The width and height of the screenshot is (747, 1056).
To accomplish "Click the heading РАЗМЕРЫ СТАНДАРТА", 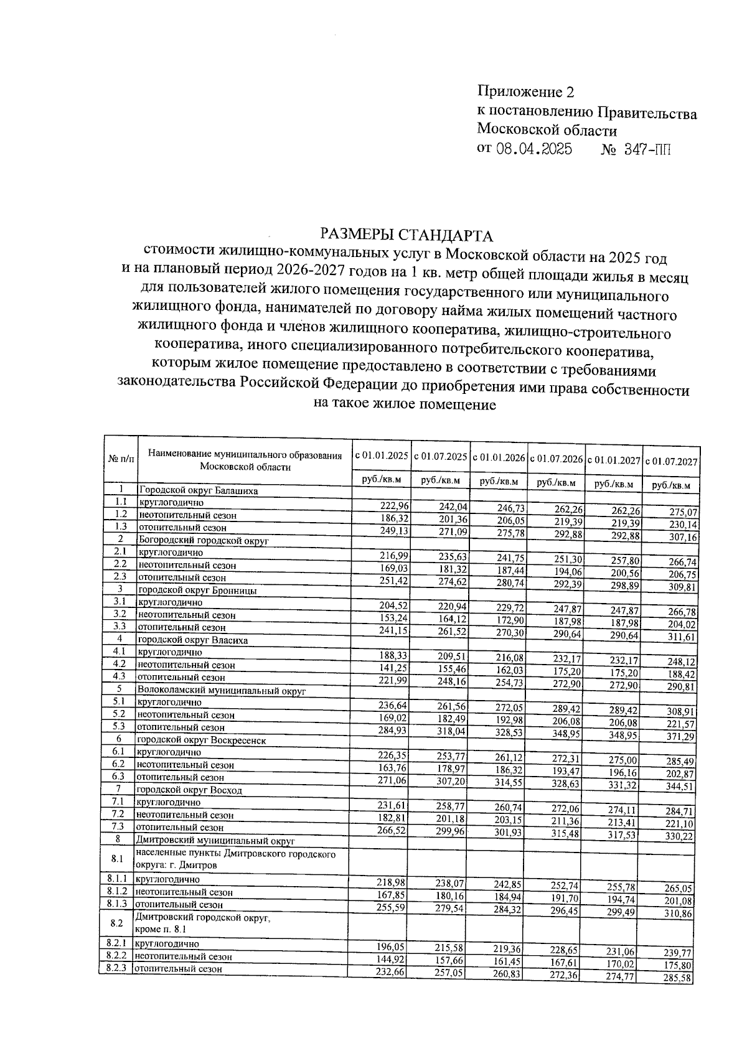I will click(406, 235).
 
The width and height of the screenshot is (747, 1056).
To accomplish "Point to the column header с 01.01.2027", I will click(614, 460).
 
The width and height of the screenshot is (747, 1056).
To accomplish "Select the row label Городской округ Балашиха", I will click(199, 490).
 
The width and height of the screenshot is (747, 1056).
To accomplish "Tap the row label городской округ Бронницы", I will click(197, 590).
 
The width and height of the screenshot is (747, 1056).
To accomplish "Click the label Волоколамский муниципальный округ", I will click(221, 690).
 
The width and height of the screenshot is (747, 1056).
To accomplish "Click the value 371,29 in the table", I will click(680, 737).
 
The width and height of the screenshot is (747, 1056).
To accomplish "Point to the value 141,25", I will click(392, 667).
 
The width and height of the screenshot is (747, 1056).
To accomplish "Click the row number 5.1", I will click(120, 702).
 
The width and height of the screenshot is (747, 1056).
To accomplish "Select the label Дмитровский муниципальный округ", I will click(215, 841).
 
